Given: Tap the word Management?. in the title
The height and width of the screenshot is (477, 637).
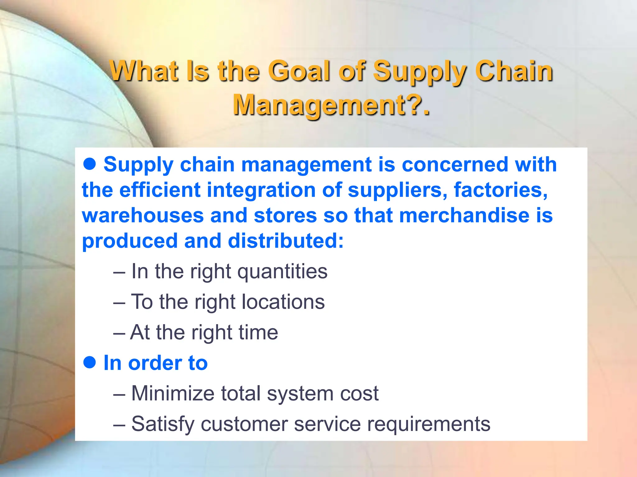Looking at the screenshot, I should (x=332, y=105).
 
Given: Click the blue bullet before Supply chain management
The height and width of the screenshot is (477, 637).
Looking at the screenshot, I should (x=90, y=164).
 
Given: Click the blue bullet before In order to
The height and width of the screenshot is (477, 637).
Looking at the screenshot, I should (x=90, y=362).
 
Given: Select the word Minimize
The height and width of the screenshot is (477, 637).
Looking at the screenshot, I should (x=173, y=393).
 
